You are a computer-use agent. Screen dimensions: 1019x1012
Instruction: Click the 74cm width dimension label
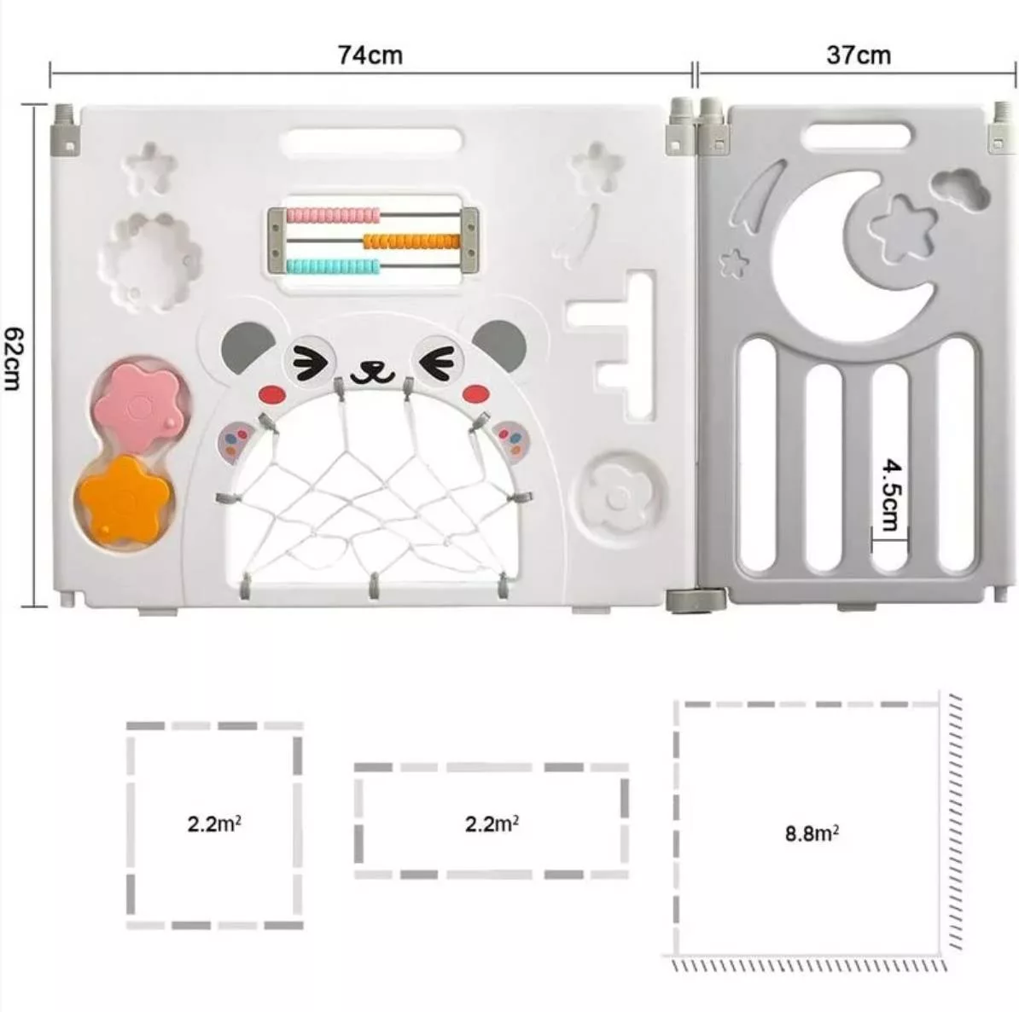(370, 55)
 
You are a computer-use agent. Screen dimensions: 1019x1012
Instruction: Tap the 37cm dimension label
(859, 55)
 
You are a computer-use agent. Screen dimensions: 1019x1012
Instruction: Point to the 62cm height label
(14, 358)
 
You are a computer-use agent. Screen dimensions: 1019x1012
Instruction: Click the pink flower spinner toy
(137, 406)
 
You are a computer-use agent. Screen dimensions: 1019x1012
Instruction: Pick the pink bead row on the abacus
(334, 214)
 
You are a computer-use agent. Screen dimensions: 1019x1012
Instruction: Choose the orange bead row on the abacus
(411, 241)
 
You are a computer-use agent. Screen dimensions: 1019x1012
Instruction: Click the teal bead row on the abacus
(333, 266)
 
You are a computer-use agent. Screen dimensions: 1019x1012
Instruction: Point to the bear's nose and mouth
(372, 372)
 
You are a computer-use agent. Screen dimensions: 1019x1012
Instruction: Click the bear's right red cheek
(476, 393)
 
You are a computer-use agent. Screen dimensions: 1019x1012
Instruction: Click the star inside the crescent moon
(903, 228)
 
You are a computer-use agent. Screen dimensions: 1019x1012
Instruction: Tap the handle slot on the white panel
(371, 141)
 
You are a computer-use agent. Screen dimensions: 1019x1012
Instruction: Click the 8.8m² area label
(812, 833)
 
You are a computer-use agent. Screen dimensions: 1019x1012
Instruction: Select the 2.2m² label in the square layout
(214, 823)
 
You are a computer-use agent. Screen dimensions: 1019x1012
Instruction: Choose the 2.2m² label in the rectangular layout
(492, 823)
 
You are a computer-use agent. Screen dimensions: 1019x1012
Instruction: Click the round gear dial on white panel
(620, 498)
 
